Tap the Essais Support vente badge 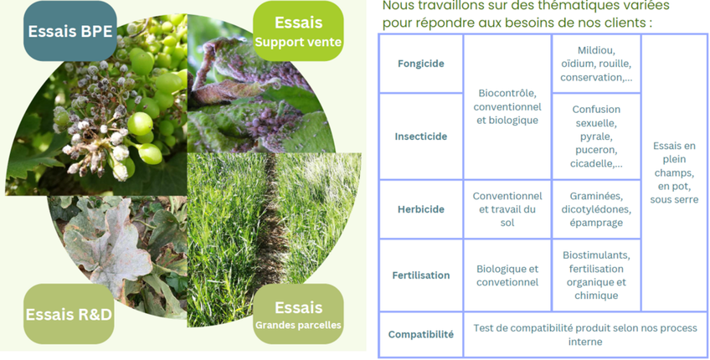[x=297, y=31]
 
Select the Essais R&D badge [x=69, y=314]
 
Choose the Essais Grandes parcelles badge [x=298, y=315]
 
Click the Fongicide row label [x=420, y=64]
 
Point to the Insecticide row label [x=420, y=136]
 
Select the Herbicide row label [x=420, y=209]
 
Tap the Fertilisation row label [x=420, y=275]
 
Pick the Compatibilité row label [x=420, y=334]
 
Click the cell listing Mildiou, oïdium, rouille [x=596, y=64]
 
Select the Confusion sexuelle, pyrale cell [x=596, y=136]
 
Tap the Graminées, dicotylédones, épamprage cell [x=596, y=209]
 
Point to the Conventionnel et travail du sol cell [x=507, y=209]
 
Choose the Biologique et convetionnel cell [x=507, y=275]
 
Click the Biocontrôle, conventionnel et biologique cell [x=507, y=106]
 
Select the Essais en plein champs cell [x=674, y=172]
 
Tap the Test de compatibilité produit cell [x=584, y=334]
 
